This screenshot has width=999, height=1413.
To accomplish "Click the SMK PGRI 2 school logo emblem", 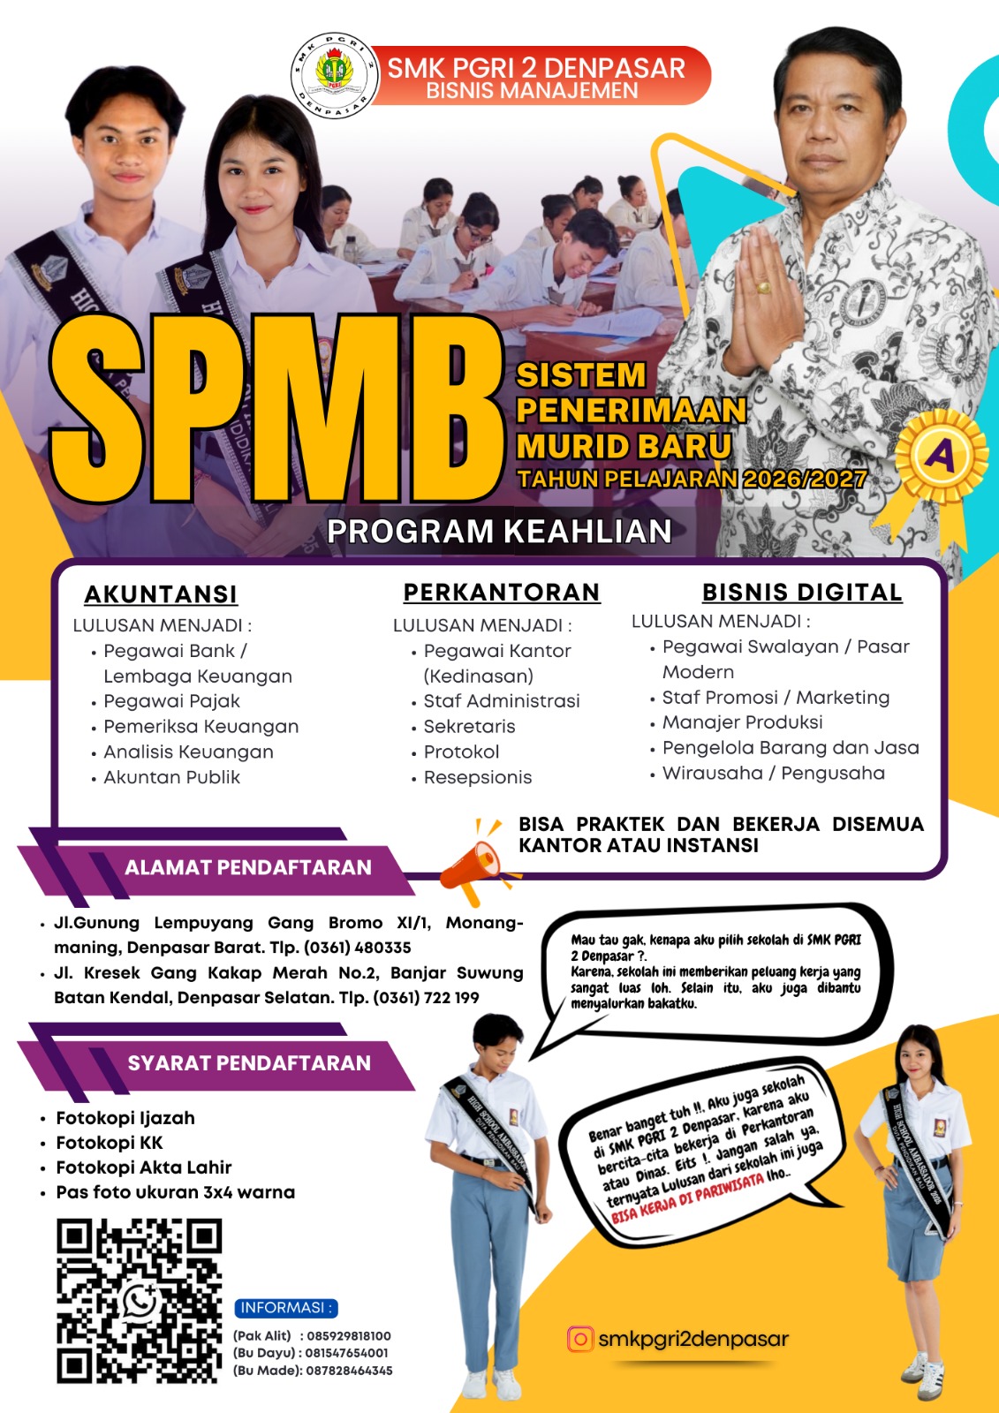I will (x=334, y=75).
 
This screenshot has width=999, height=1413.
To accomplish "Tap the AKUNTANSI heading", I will (x=161, y=594).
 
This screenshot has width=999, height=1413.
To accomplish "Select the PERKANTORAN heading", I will (x=502, y=593).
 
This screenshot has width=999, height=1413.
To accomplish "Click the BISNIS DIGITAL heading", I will (x=802, y=593).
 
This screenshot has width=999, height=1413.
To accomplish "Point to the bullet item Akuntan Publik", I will (x=172, y=778).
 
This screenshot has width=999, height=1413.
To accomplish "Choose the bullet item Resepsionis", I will (x=478, y=778).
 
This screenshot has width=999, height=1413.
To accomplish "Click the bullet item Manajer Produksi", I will (x=743, y=722).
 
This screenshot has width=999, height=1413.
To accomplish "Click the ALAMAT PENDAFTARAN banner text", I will (x=248, y=867).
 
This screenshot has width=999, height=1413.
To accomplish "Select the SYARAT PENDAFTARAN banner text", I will (x=249, y=1063).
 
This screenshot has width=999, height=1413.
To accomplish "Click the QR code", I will (x=139, y=1301).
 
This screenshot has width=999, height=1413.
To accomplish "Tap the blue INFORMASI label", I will (x=286, y=1308).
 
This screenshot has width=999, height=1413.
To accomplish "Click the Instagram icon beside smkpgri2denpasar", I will (x=580, y=1339).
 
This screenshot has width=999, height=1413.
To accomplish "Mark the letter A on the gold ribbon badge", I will (x=941, y=456).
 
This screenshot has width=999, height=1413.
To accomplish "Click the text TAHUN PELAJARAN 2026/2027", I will (x=692, y=479).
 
